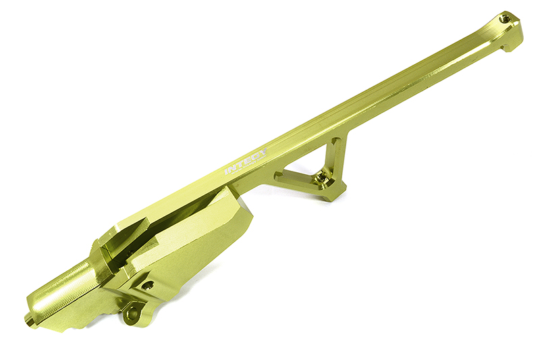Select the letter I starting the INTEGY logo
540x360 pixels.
coord(227,172)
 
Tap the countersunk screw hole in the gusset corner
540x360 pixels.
coord(326,180)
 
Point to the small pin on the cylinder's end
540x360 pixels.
coord(29,318)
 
